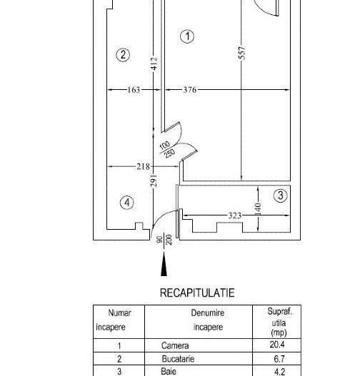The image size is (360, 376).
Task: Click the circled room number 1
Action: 187,36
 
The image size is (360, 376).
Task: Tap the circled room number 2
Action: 123,55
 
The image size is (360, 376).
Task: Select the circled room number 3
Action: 281,195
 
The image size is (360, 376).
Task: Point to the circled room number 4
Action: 127,203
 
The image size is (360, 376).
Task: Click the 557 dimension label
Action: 242,53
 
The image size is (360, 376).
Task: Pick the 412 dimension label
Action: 154,63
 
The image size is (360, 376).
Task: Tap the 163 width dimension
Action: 134,90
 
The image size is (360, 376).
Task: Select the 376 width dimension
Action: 190,90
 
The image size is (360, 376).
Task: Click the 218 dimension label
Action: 143,166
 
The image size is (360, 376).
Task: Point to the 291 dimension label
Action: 154,181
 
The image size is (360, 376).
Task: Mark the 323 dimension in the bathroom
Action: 234,215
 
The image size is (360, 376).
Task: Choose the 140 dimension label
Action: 258,208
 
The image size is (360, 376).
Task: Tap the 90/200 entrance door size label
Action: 164,240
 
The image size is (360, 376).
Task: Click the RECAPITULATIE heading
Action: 197,293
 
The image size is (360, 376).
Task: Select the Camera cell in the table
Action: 175,345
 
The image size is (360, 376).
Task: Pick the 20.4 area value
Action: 277,345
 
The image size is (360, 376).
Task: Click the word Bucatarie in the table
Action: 178,359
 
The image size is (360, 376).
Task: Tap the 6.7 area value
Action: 279,359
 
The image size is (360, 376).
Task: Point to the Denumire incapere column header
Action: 208,320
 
